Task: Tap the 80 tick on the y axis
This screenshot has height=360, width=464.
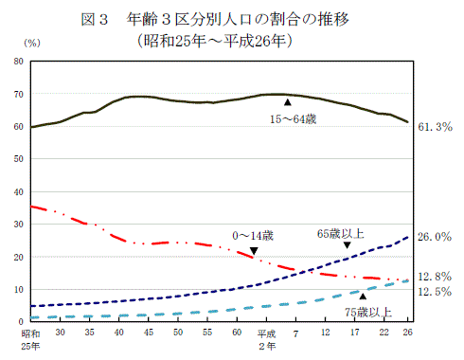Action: click(19, 62)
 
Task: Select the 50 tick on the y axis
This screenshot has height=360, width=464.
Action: click(19, 159)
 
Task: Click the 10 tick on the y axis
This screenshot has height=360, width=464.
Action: click(19, 289)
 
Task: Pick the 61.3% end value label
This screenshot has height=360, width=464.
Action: click(435, 126)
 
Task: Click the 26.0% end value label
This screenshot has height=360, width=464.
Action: click(435, 237)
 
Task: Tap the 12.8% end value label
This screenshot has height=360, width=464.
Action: click(435, 276)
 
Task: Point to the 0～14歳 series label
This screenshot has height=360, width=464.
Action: click(252, 234)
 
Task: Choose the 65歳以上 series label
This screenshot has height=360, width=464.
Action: click(341, 232)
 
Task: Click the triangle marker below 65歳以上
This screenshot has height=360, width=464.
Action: click(347, 245)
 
